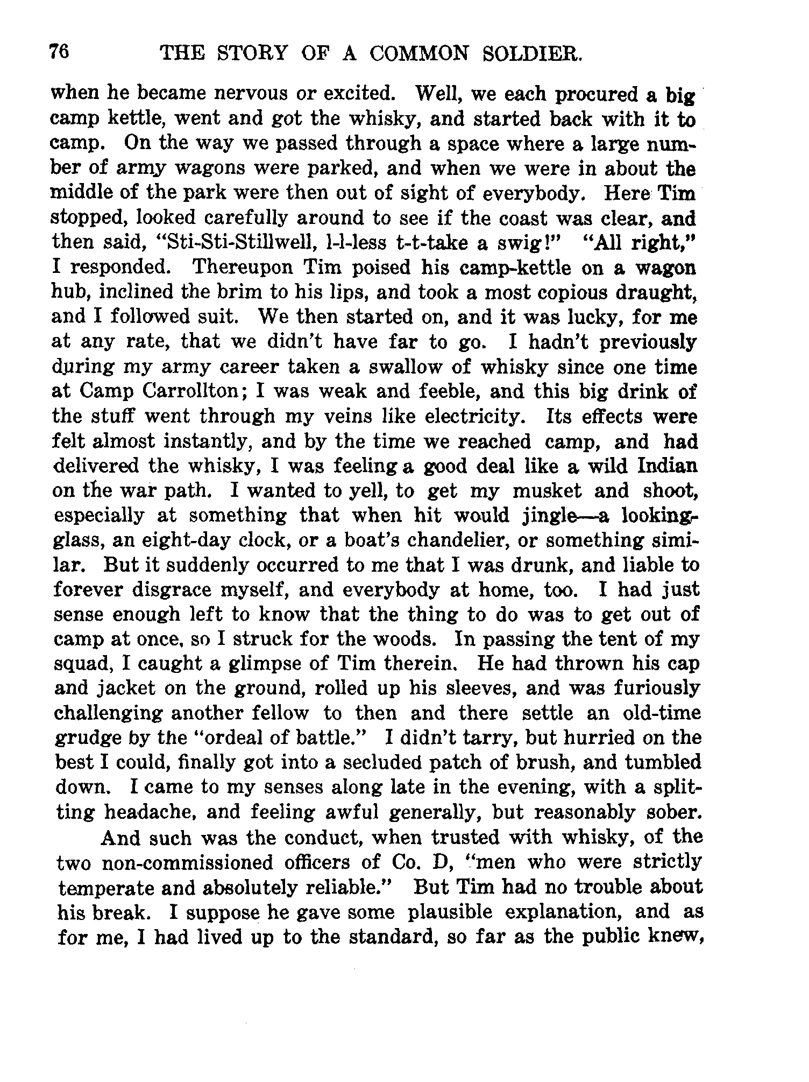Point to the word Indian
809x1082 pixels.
coord(667,465)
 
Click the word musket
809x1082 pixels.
coord(547,490)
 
